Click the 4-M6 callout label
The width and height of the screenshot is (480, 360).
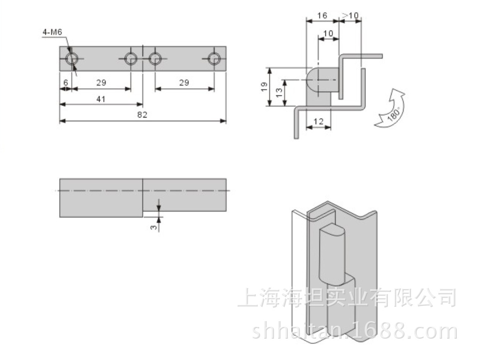(52, 32)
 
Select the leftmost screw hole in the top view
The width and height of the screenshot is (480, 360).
(72, 59)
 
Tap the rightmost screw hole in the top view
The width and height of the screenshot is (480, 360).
(214, 58)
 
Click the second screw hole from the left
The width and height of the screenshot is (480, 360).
(131, 58)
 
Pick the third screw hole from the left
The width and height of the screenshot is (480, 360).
(155, 58)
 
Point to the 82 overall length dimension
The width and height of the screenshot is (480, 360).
(143, 115)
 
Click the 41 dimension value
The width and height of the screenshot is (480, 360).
(101, 99)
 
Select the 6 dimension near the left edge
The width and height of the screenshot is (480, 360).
(66, 83)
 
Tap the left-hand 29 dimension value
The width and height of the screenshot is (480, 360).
(101, 83)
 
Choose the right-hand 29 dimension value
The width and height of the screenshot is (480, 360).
(184, 83)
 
